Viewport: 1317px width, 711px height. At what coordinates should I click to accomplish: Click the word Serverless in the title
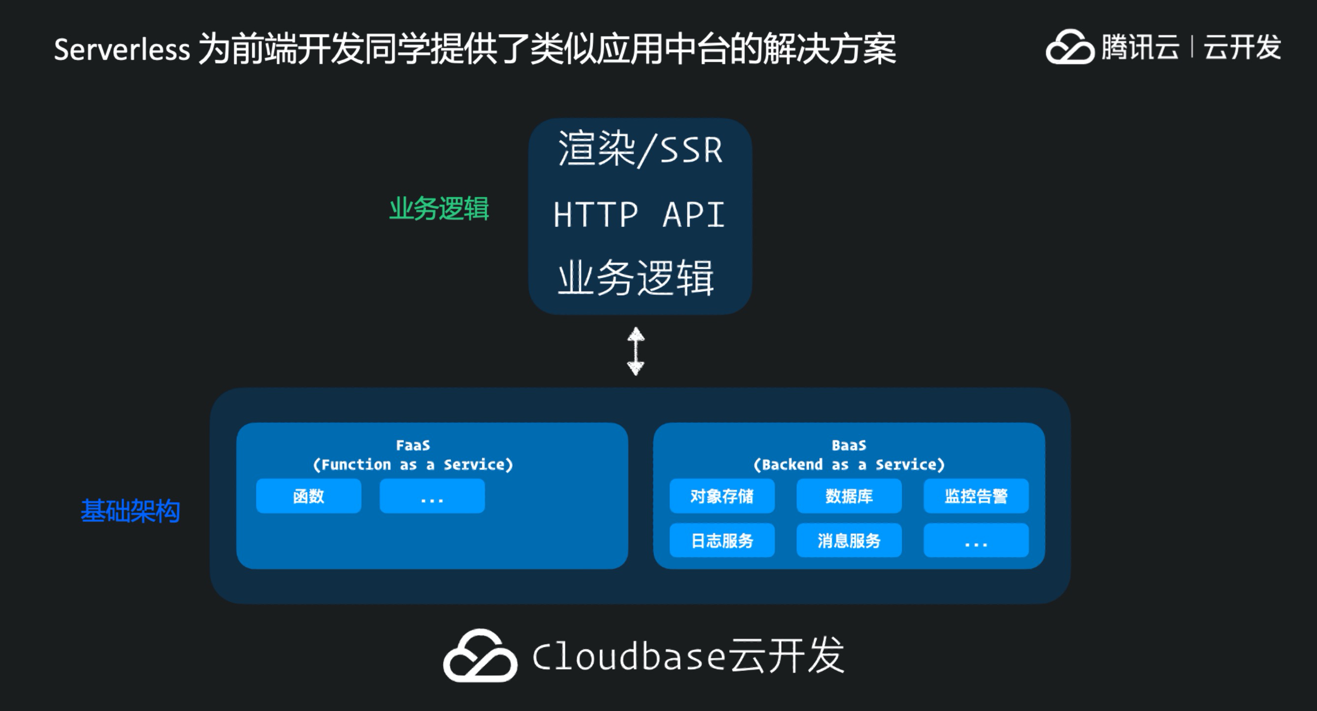(x=122, y=50)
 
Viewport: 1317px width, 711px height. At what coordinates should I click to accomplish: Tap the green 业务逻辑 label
(x=439, y=209)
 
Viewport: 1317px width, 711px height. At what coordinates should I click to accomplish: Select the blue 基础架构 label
(x=131, y=511)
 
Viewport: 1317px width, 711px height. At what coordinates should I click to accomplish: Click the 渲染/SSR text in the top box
(x=640, y=149)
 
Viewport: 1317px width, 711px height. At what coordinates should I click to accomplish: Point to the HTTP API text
(x=639, y=215)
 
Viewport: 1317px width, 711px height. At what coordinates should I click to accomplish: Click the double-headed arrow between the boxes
(x=635, y=351)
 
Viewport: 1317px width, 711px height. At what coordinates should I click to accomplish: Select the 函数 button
(x=308, y=496)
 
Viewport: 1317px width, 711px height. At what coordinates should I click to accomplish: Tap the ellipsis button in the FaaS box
(x=432, y=496)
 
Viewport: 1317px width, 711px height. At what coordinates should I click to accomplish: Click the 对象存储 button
(x=722, y=496)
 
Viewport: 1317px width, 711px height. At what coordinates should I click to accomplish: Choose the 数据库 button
(x=849, y=496)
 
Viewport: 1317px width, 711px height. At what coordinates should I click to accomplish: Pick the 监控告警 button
(x=976, y=496)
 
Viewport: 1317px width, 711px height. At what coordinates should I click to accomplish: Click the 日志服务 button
(x=722, y=540)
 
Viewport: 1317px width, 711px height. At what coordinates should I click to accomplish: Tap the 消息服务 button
(x=849, y=540)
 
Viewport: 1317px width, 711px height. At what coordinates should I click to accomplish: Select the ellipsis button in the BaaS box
(x=976, y=540)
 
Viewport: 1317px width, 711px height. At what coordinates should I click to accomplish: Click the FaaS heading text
(x=413, y=445)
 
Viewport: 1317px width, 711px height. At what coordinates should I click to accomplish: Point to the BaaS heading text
(x=849, y=445)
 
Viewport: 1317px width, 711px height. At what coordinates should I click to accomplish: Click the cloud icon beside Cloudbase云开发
(x=480, y=655)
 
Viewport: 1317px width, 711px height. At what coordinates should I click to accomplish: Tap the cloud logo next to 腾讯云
(x=1070, y=47)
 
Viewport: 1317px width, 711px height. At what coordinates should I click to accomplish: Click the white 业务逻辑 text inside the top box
(x=635, y=278)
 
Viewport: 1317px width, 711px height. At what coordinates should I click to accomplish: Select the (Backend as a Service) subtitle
(x=849, y=465)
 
